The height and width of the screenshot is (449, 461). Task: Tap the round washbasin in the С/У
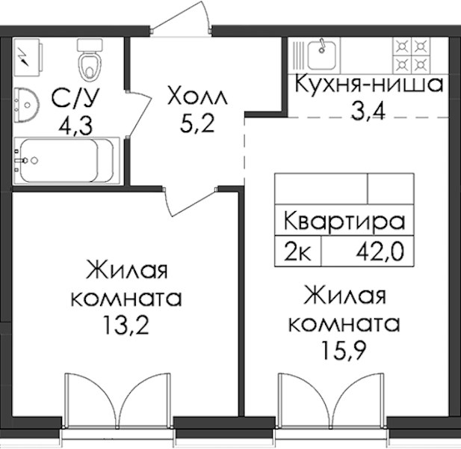click(26, 105)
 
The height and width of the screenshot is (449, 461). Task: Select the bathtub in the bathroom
click(66, 161)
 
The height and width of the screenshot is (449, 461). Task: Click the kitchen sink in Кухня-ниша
click(321, 56)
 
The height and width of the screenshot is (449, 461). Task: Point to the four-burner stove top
click(412, 55)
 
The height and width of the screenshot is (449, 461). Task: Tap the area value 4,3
click(75, 126)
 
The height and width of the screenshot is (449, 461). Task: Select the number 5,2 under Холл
click(197, 123)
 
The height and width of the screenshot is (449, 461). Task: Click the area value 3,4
click(368, 111)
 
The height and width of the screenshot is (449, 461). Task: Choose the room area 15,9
click(344, 350)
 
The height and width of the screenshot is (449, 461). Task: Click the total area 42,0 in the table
click(380, 251)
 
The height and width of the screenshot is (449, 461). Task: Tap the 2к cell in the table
click(297, 251)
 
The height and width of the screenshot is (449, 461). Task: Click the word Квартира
click(344, 221)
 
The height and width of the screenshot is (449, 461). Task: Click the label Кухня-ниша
click(368, 84)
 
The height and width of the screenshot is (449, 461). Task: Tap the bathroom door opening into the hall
click(138, 114)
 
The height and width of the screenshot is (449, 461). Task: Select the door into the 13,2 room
click(191, 201)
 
